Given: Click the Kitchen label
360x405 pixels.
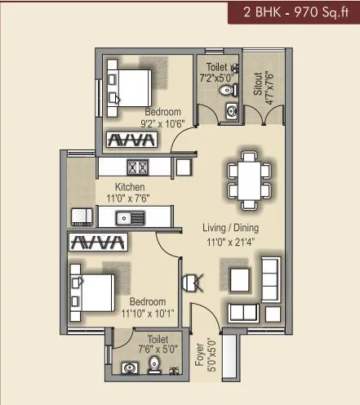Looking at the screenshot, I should pyautogui.click(x=130, y=187).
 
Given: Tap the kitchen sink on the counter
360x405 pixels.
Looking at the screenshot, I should pyautogui.click(x=131, y=217).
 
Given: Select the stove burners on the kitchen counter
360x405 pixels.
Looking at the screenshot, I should pyautogui.click(x=136, y=167).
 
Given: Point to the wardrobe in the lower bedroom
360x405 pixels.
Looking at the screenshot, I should pyautogui.click(x=97, y=243).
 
